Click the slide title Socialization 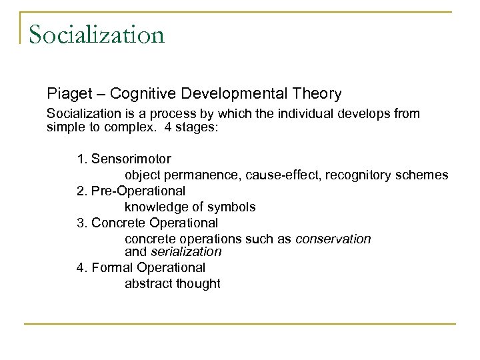[x=97, y=33]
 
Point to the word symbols [x=233, y=207]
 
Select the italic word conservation [x=333, y=239]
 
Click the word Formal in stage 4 [x=109, y=267]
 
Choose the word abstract [x=147, y=283]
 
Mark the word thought [x=197, y=283]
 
